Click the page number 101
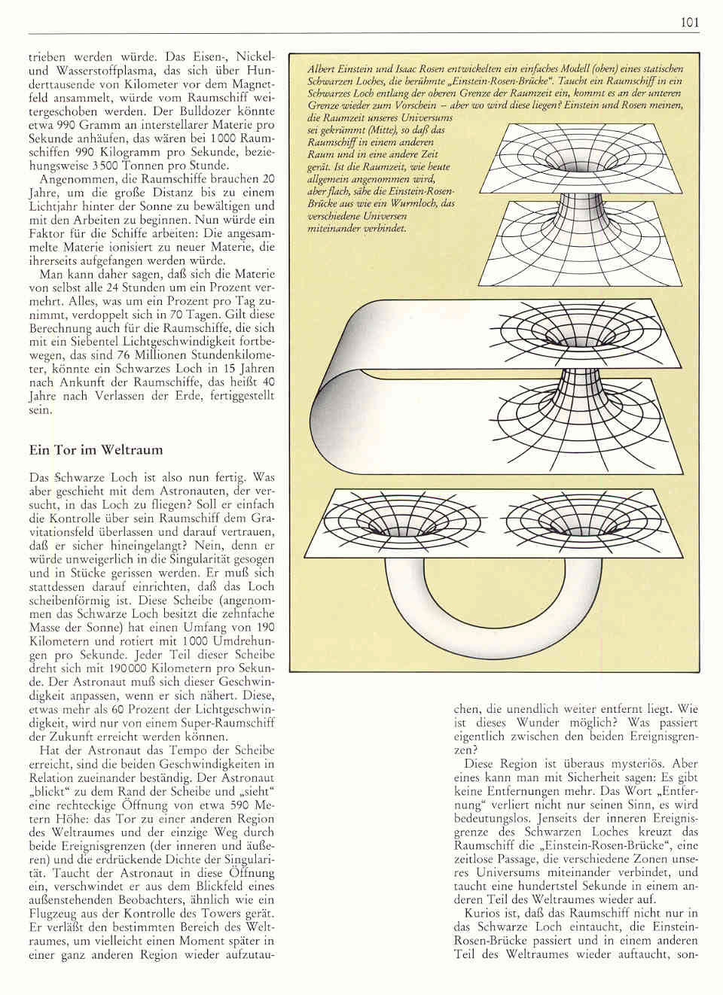click(x=690, y=23)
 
